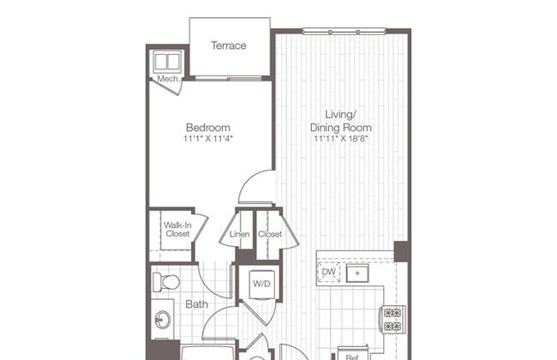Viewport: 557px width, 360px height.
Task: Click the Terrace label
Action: click(229, 45)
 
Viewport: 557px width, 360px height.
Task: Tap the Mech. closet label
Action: click(168, 79)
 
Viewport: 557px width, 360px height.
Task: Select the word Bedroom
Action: click(208, 127)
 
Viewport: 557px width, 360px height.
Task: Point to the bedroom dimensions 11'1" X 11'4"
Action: click(208, 139)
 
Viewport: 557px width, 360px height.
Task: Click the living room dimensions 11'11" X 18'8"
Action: click(341, 139)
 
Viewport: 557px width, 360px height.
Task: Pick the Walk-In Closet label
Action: click(177, 230)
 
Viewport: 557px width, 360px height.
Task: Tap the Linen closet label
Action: click(239, 234)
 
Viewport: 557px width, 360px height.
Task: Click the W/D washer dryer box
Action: click(262, 285)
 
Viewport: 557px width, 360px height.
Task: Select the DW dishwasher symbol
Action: click(328, 273)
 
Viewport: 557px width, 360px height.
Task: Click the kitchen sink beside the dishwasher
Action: click(357, 273)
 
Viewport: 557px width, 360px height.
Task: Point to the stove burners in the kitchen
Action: click(392, 319)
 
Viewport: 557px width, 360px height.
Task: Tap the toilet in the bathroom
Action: click(166, 282)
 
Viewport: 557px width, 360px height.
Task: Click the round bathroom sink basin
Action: click(162, 321)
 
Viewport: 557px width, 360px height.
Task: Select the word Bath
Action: click(197, 304)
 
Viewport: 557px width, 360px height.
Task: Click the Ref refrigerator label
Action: click(351, 357)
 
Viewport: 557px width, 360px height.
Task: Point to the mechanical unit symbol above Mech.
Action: click(167, 62)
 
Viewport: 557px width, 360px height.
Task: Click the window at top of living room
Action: click(344, 32)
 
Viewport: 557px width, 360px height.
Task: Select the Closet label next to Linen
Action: click(270, 234)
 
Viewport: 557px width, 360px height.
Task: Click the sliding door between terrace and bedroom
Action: click(229, 78)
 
